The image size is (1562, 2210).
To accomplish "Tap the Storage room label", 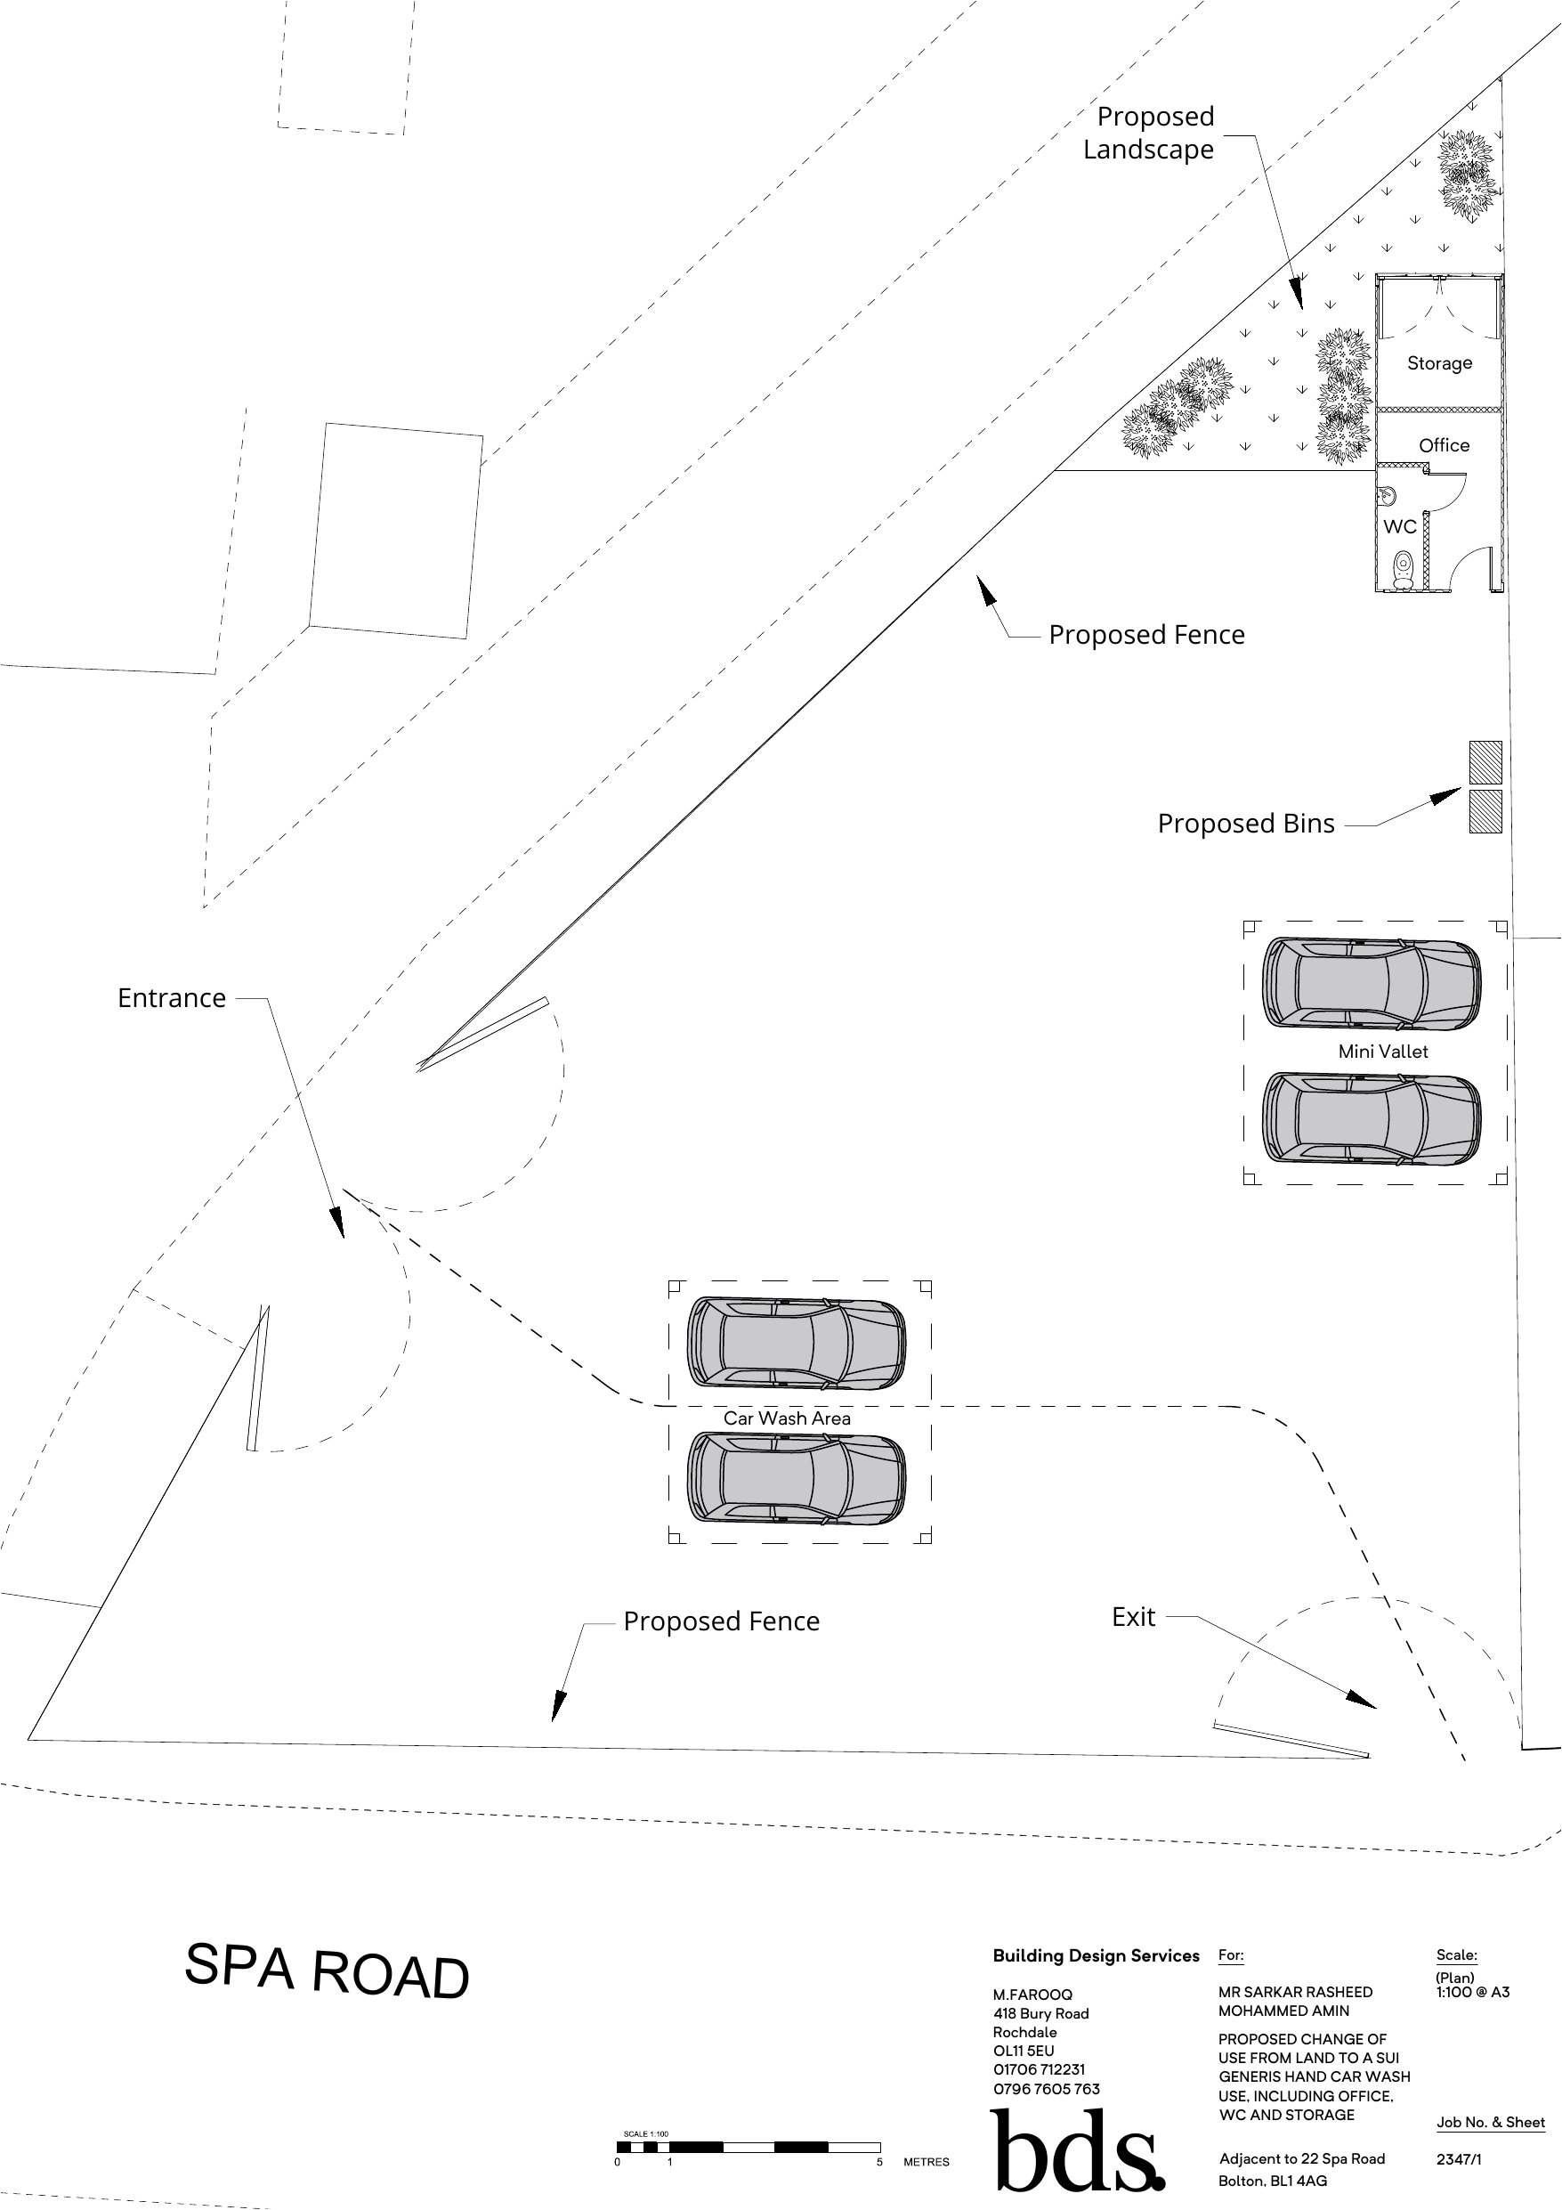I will click(1439, 363).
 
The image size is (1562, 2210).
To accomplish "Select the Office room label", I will click(1444, 444).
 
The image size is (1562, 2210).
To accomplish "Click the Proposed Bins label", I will click(1245, 823).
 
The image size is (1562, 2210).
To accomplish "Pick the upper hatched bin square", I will click(1485, 761).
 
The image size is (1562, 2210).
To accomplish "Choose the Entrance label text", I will click(171, 997).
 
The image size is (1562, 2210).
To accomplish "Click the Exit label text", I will click(1133, 1617).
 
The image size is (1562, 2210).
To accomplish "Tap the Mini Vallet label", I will click(1383, 1051).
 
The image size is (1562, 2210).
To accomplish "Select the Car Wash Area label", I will click(786, 1418).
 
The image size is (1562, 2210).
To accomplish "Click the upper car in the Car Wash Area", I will click(796, 1343).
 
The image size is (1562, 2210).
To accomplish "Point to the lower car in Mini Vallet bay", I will click(1372, 1117).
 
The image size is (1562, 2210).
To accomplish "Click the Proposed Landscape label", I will click(1150, 133).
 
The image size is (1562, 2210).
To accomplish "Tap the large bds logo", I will click(1075, 2152).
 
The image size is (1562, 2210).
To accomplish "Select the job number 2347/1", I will click(1458, 2159).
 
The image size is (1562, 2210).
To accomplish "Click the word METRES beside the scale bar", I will click(926, 2162).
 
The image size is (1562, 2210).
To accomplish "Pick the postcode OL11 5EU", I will click(1023, 2051).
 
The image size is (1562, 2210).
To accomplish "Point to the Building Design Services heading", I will click(1096, 1956).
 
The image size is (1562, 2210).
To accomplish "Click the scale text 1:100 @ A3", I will click(1471, 1992).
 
